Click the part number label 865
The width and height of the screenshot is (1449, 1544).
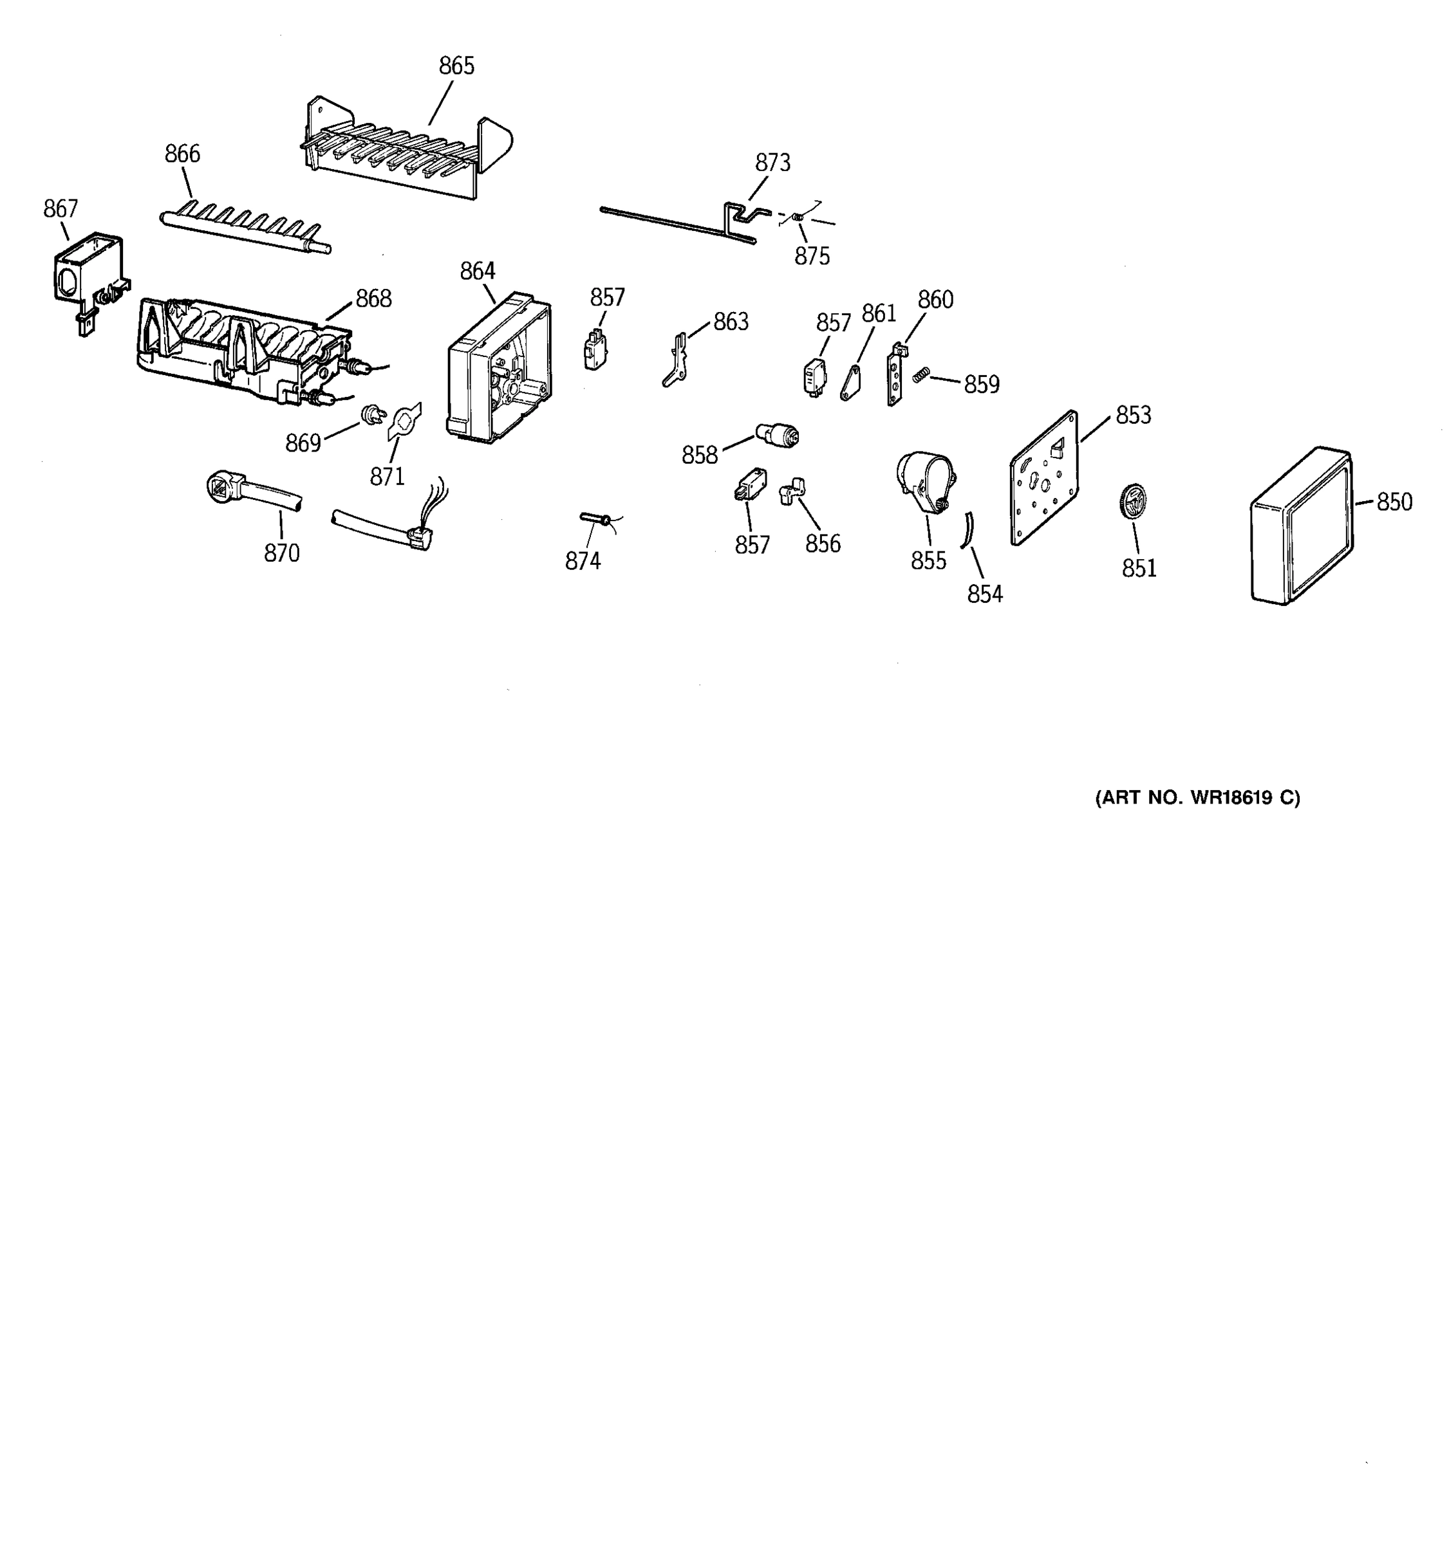[456, 67]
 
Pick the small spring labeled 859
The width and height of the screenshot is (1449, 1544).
[921, 374]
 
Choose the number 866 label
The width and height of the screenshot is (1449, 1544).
[182, 154]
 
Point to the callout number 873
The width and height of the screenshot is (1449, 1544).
[772, 163]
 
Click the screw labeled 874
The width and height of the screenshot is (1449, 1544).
[594, 518]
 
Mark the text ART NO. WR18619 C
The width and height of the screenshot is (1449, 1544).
[1197, 798]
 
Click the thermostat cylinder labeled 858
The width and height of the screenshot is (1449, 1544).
[778, 435]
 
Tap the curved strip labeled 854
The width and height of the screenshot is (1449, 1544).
[968, 531]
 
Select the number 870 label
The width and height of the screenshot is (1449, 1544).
[281, 554]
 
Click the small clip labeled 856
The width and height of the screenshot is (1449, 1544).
[792, 491]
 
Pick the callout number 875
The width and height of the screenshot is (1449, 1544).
[811, 256]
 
